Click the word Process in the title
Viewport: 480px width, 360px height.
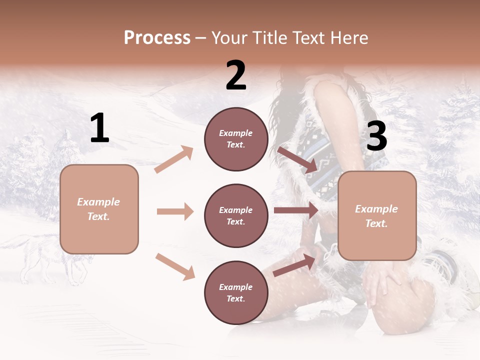coord(157,38)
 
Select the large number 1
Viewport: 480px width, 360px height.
coord(99,128)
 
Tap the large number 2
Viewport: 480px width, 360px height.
coord(236,75)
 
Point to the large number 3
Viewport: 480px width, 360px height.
coord(376,136)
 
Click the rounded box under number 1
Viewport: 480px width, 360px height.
coord(99,209)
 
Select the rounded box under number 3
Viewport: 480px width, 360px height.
coord(377,216)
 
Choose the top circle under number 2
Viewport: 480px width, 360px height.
coord(236,139)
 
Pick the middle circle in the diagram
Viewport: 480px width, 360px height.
coord(236,216)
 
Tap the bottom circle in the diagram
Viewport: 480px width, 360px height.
coord(236,293)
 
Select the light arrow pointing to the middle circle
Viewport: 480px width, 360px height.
coord(175,211)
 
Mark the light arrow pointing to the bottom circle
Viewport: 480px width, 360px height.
coord(175,266)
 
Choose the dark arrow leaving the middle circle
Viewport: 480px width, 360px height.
coord(296,210)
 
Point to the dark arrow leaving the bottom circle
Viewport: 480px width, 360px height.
coord(295,265)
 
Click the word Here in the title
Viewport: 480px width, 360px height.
coord(348,38)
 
